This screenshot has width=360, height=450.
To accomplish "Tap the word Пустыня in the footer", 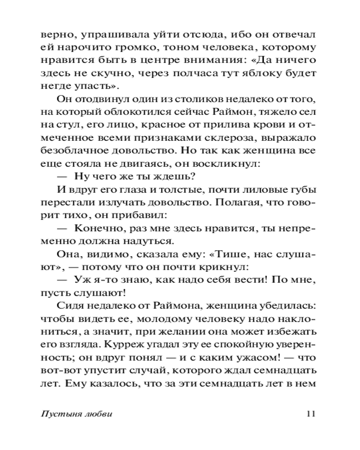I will tap(58, 414).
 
